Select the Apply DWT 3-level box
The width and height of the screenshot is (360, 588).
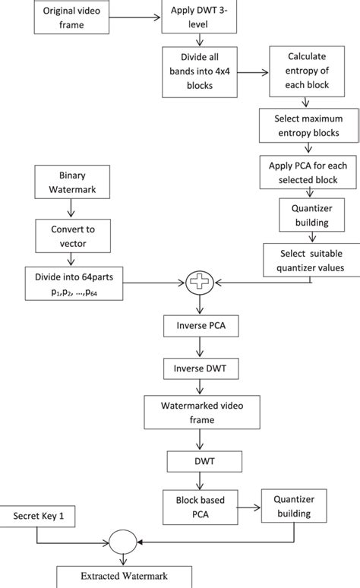pyautogui.click(x=200, y=17)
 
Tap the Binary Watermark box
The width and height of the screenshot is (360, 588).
pyautogui.click(x=73, y=182)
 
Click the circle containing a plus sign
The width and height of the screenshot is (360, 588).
pyautogui.click(x=198, y=284)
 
